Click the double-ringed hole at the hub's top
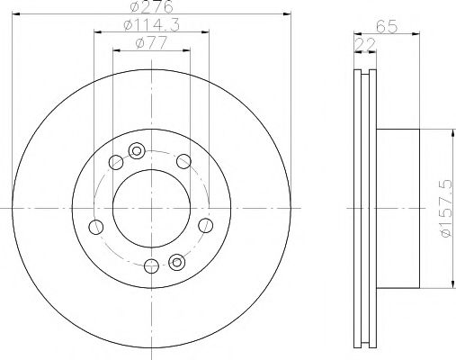click(137, 150)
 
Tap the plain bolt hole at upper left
click(115, 163)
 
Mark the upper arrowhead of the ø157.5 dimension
click(443, 132)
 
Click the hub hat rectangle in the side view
click(398, 209)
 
